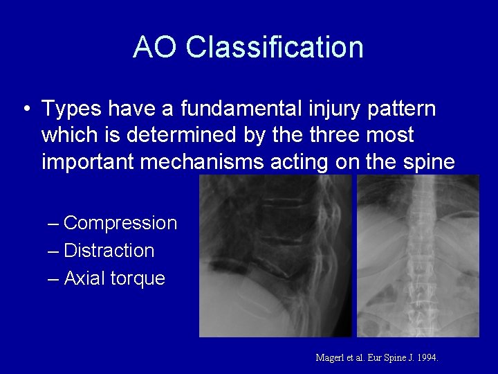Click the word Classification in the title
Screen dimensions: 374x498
(x=275, y=47)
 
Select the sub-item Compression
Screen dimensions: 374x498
(x=120, y=223)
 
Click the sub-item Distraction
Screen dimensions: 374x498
(x=109, y=251)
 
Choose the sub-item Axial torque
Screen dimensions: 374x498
(x=114, y=278)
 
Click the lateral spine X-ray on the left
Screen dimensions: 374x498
(x=275, y=256)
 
